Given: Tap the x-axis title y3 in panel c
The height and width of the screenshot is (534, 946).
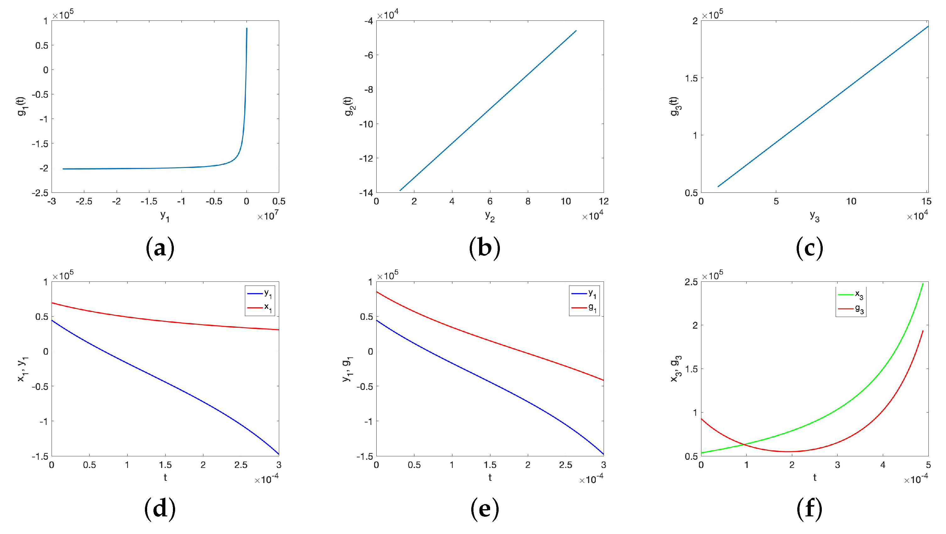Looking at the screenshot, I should pyautogui.click(x=815, y=217).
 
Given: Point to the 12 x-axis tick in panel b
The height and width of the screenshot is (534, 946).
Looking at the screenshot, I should pyautogui.click(x=603, y=201).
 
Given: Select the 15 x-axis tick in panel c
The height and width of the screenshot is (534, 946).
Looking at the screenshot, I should pyautogui.click(x=926, y=201).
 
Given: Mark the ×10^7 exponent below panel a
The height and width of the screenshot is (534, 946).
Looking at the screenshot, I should pyautogui.click(x=268, y=216).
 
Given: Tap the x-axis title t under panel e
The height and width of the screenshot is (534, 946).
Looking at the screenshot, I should pyautogui.click(x=490, y=477).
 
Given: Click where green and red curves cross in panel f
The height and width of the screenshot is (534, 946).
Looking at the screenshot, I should pyautogui.click(x=745, y=445).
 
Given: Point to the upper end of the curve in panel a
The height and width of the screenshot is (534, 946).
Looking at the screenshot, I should pyautogui.click(x=247, y=28).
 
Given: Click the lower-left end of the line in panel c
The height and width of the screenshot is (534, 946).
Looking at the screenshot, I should pyautogui.click(x=718, y=186).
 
